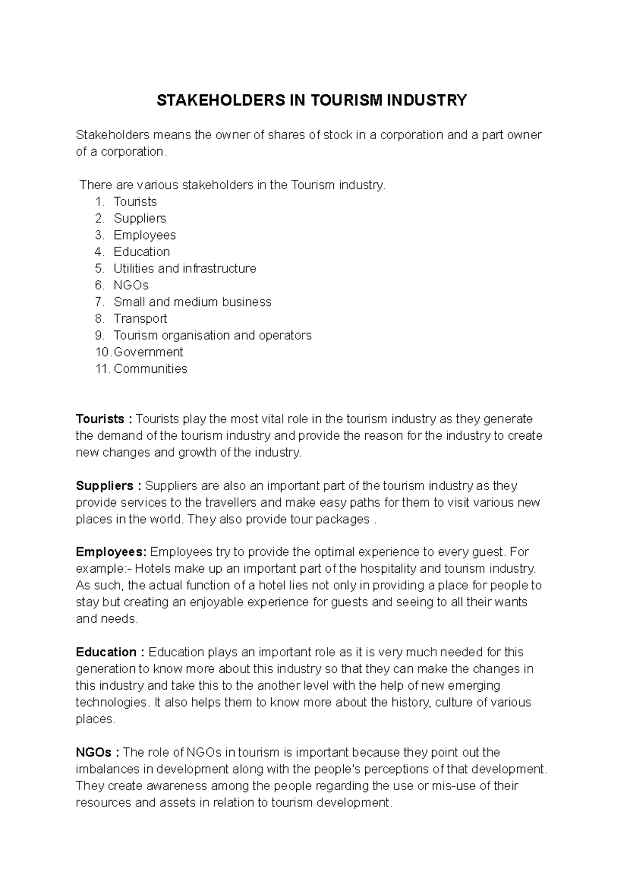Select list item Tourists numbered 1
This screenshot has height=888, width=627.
[x=135, y=202]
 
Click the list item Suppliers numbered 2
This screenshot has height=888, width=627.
[x=140, y=219]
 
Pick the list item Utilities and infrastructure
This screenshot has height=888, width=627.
[x=185, y=269]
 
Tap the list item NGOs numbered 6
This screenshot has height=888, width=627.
[x=131, y=286]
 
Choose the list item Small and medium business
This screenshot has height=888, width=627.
[x=192, y=302]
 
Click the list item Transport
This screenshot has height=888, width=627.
[x=140, y=319]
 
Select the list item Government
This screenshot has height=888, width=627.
[x=148, y=352]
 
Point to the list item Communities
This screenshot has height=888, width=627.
[x=150, y=369]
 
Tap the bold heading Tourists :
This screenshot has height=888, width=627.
[x=104, y=419]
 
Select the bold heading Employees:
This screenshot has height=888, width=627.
[x=111, y=552]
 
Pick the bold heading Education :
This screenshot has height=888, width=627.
[x=110, y=653]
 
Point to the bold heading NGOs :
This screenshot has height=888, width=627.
[x=98, y=753]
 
